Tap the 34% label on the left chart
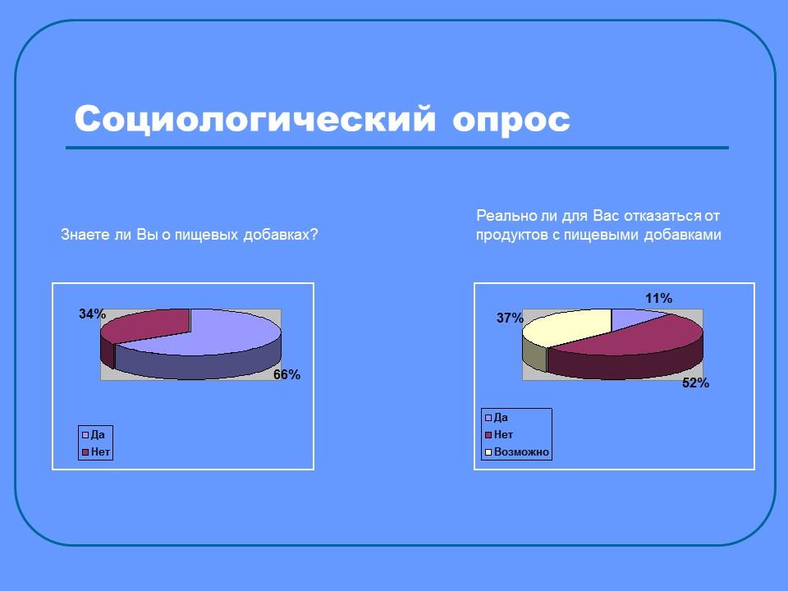click(x=92, y=314)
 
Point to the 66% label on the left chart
click(x=286, y=375)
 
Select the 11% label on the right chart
click(x=658, y=298)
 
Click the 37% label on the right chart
click(x=510, y=318)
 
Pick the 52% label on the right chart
click(x=695, y=383)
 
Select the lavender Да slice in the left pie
click(x=230, y=332)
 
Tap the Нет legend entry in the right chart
click(x=503, y=434)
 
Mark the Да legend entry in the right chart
click(x=501, y=417)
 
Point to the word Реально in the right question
click(x=501, y=216)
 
